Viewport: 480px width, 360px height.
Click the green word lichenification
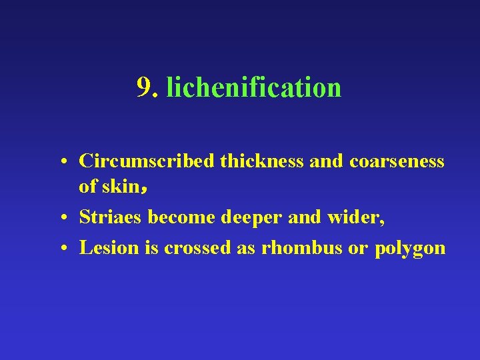[254, 87]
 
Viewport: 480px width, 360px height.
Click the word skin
[121, 187]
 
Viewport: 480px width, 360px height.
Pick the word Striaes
[111, 217]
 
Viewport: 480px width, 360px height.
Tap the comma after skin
[144, 189]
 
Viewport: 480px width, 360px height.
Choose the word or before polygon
[359, 248]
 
